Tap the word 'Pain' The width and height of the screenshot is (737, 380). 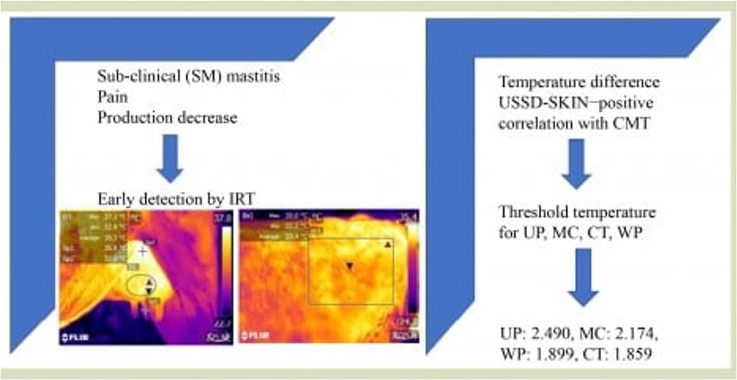point(110,97)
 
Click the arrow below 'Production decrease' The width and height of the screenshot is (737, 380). point(169,159)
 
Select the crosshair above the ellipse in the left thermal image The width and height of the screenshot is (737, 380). point(143,251)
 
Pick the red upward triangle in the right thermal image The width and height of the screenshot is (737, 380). point(386,244)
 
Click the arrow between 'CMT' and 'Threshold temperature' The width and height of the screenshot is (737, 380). point(577,164)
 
